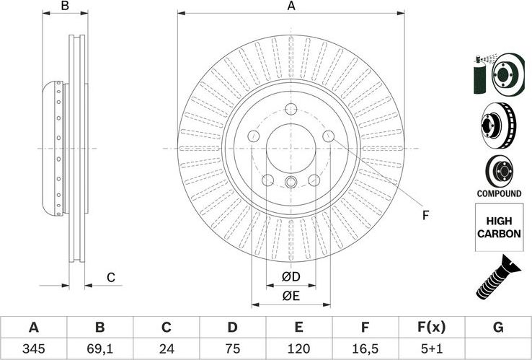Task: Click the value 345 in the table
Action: coord(33,348)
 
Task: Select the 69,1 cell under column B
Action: coord(99,348)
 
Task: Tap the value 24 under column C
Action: coord(166,348)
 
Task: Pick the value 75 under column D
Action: coord(232,348)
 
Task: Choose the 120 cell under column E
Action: coord(298,348)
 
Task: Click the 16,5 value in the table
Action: coord(365,348)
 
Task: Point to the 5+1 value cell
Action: coord(431,348)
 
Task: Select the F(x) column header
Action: coord(431,328)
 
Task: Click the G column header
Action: coord(497,328)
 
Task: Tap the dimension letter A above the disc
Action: coord(291,6)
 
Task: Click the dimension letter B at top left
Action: coord(64,6)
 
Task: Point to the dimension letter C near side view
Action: coord(110,278)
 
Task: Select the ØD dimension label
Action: coord(291,277)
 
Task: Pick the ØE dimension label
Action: coord(291,296)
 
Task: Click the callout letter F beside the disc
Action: coord(425,214)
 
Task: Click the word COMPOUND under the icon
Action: coord(498,194)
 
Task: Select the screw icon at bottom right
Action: coord(497,278)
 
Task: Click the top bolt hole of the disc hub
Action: coord(291,110)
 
